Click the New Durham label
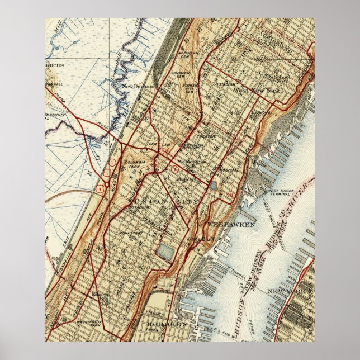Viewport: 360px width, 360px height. (138, 87)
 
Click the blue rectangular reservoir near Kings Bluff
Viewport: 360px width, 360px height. (165, 251)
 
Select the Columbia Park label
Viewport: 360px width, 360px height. (137, 164)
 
